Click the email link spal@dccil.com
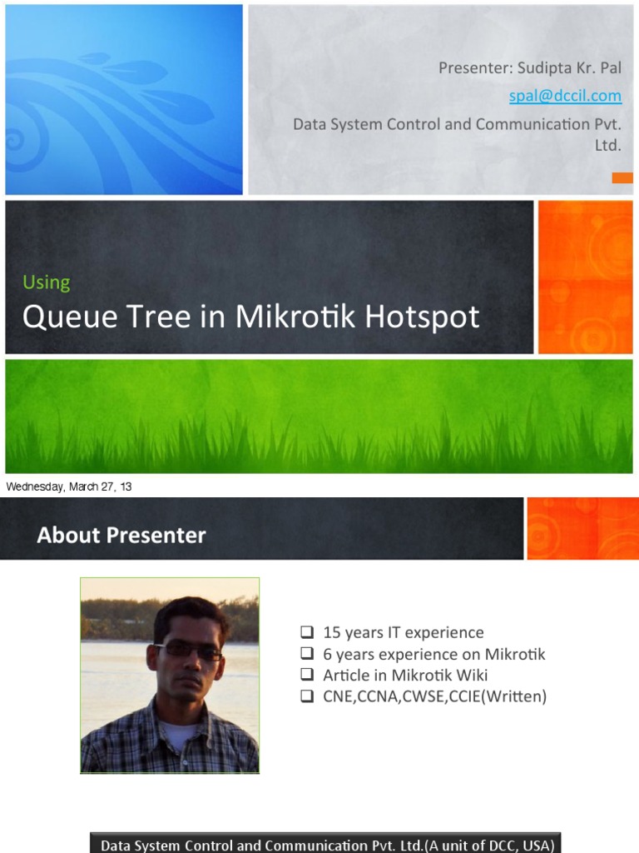[566, 96]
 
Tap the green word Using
[46, 282]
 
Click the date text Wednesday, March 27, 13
[69, 486]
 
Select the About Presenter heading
[121, 535]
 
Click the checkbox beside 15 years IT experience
[306, 632]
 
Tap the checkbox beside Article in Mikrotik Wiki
[306, 675]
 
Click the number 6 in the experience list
[327, 654]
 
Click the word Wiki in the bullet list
[472, 675]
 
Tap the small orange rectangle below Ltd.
[622, 177]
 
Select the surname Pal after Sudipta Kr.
[610, 67]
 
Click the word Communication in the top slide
[530, 124]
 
